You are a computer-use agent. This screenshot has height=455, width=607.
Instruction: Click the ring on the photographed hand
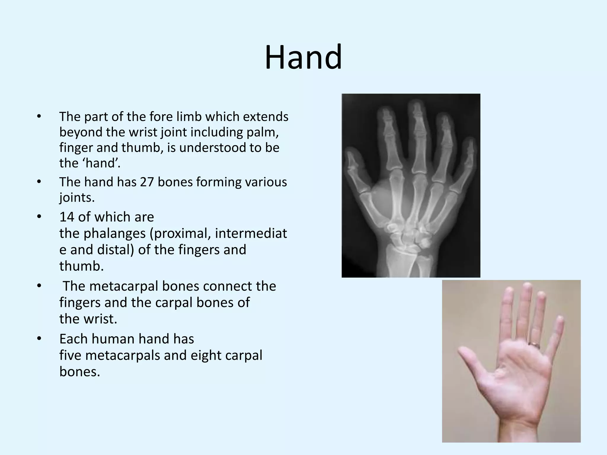[535, 345]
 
